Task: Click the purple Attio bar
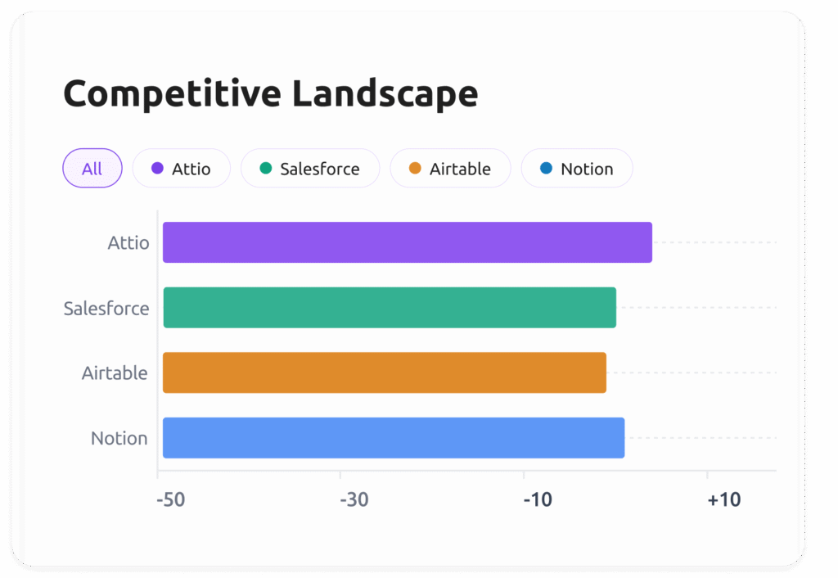(407, 242)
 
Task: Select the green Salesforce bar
(390, 308)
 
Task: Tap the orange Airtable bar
(385, 373)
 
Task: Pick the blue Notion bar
(394, 438)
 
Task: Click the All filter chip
(92, 169)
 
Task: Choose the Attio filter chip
(182, 169)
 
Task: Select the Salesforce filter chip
(310, 169)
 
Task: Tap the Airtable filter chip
(450, 169)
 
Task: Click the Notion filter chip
(577, 169)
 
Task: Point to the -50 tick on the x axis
(171, 499)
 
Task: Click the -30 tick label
(354, 499)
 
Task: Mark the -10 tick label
(538, 499)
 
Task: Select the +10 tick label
(724, 499)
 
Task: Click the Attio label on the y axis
(128, 243)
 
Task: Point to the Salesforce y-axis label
(106, 309)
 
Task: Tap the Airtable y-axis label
(115, 373)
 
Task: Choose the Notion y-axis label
(119, 439)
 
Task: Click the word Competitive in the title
(171, 94)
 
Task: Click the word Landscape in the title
(385, 94)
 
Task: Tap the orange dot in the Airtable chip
(415, 169)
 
